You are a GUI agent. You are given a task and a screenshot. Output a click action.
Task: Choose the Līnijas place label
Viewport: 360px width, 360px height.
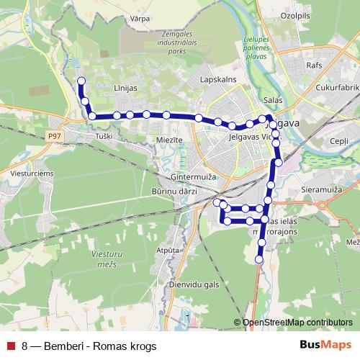coord(125,87)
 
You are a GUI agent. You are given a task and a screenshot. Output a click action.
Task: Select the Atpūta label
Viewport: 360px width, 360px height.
coord(167,250)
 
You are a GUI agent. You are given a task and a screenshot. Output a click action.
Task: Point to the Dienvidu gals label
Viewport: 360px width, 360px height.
coord(192,284)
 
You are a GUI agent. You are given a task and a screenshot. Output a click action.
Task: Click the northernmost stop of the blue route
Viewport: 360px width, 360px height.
coord(81,81)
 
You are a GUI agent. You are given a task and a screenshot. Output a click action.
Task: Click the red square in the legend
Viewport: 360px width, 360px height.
coord(10,346)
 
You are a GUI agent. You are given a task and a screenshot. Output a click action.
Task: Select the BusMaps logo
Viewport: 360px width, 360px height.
coord(325,345)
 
